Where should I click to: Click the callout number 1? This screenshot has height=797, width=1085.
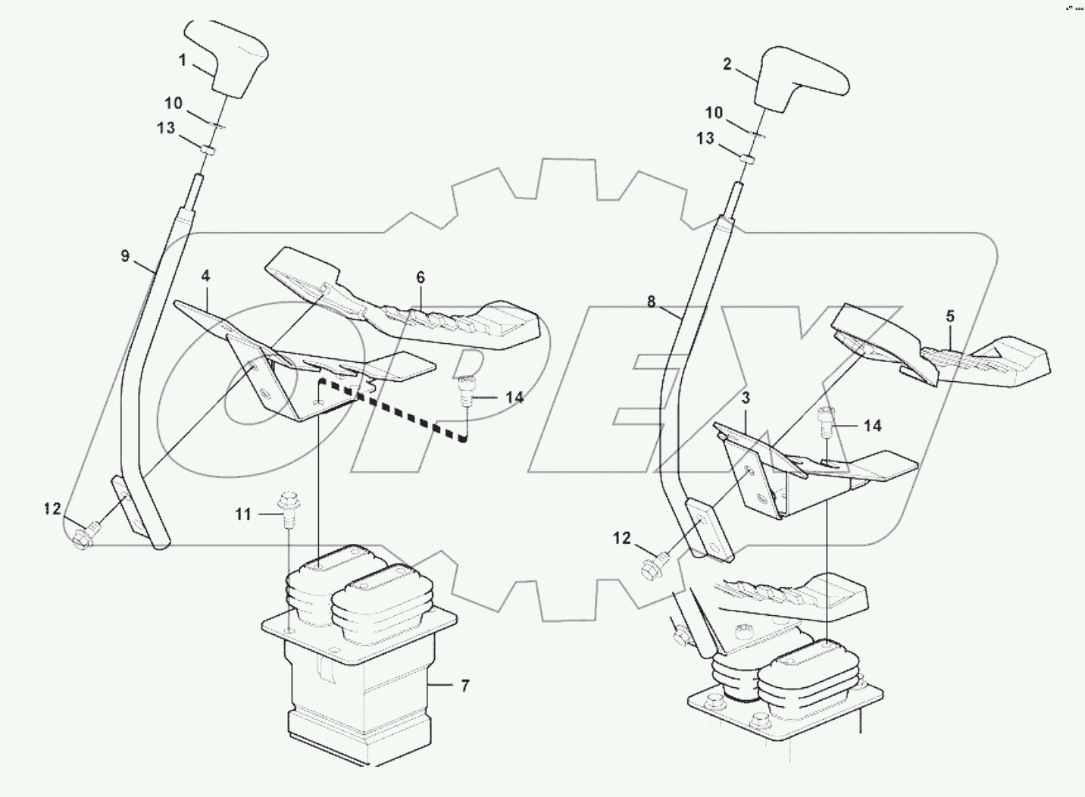click(x=183, y=60)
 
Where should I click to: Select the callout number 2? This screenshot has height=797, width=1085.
click(x=727, y=65)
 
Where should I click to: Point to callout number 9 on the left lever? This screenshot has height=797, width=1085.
click(x=126, y=256)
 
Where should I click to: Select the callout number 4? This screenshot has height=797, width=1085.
click(x=205, y=277)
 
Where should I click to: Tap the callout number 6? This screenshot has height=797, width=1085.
click(x=421, y=278)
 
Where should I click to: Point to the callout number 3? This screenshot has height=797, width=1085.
click(x=746, y=398)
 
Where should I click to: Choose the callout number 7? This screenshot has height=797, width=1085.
click(x=464, y=686)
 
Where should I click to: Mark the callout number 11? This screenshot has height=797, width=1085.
click(x=242, y=514)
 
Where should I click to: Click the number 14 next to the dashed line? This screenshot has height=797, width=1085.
click(x=514, y=396)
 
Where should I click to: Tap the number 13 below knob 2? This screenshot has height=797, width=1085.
click(x=705, y=139)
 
